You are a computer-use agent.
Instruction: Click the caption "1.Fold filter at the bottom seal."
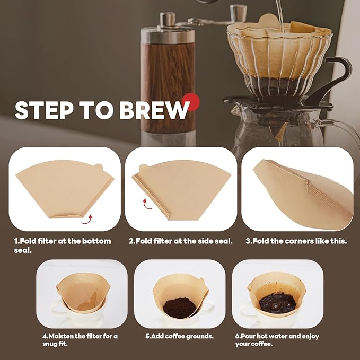[x=63, y=245]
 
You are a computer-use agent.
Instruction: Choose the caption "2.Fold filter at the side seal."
[x=180, y=241]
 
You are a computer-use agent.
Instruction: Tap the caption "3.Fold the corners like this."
[x=296, y=241]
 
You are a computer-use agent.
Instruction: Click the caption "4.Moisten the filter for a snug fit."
[x=80, y=339]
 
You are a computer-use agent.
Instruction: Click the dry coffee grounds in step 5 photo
[x=179, y=308]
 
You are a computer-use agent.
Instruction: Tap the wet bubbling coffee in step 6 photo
[x=277, y=303]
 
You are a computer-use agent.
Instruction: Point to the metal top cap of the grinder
[x=168, y=21]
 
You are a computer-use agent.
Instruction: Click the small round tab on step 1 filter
[x=98, y=168]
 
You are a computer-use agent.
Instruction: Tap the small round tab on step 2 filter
[x=143, y=168]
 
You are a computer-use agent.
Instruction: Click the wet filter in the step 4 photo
[x=82, y=294]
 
